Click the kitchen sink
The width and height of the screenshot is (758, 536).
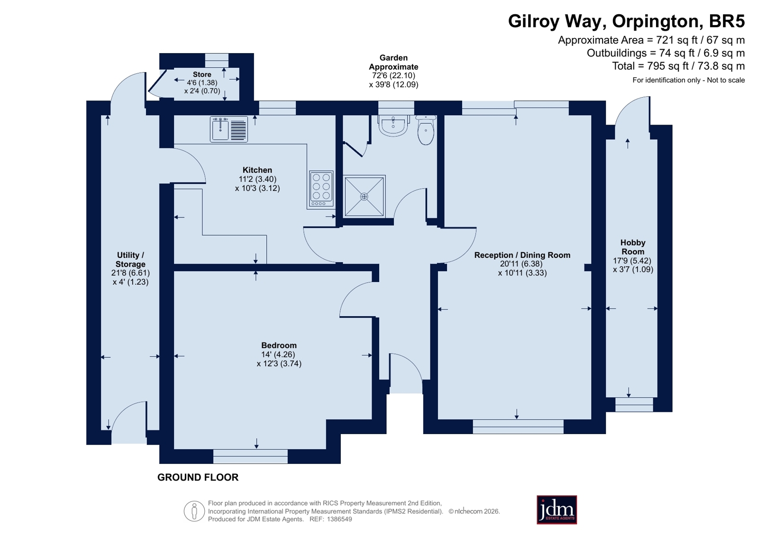(x=229, y=129)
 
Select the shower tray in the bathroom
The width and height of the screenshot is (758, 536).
(x=364, y=196)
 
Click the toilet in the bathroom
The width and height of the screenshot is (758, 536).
(x=426, y=130)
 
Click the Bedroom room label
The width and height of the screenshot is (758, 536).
(x=279, y=345)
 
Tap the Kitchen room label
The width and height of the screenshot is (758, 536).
(x=257, y=170)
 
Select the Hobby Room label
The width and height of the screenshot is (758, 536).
(x=633, y=247)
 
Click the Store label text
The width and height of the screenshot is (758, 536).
(x=202, y=74)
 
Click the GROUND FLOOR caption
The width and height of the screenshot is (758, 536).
(x=198, y=477)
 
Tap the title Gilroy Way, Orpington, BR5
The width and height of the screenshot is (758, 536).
(x=626, y=21)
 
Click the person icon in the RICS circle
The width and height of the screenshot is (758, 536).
(x=194, y=511)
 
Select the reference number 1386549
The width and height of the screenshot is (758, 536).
(x=339, y=519)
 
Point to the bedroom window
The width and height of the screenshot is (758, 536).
(x=250, y=456)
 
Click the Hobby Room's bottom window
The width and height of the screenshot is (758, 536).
(x=634, y=404)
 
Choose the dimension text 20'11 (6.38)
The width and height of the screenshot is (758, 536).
(x=521, y=264)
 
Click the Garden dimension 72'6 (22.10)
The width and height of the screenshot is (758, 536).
(x=393, y=75)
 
